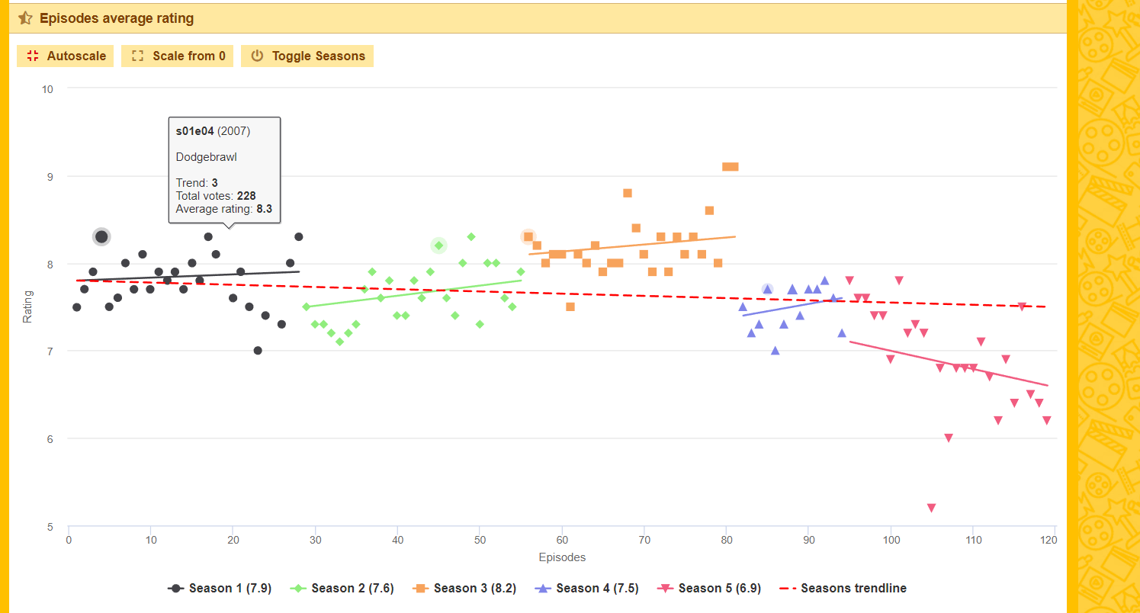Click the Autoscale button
pos(66,56)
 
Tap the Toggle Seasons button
pos(307,56)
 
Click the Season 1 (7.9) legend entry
pos(220,588)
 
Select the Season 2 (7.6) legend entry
pos(342,588)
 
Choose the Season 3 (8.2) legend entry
pos(464,588)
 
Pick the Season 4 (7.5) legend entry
pos(587,588)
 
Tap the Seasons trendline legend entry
pos(845,588)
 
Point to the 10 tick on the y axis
pos(47,89)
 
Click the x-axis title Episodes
pos(562,557)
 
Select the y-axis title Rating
pos(27,306)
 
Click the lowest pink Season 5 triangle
pos(931,508)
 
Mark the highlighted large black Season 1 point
pos(101,236)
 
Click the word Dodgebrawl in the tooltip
pos(206,157)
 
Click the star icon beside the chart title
pos(25,18)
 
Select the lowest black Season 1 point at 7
pos(258,351)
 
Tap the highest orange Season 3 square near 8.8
pos(628,193)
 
